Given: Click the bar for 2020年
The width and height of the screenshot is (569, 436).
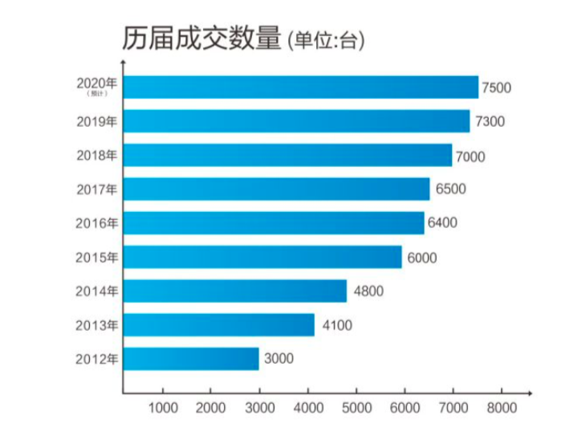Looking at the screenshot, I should [301, 87].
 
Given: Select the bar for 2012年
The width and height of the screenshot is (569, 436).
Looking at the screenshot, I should [191, 359].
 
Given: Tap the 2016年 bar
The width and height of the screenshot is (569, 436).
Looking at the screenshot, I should [274, 222].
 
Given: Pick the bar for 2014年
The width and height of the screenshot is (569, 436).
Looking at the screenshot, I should [235, 291].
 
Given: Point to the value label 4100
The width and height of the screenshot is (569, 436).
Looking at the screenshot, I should [336, 325].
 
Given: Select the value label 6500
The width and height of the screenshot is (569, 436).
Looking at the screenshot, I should [449, 189].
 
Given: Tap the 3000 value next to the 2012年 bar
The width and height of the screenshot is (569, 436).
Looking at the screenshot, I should [278, 359].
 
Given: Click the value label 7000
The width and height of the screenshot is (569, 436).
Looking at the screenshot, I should [470, 156].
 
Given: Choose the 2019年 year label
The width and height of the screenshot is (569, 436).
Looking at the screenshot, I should [97, 122].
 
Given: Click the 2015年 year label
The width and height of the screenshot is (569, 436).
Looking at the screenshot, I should [97, 258].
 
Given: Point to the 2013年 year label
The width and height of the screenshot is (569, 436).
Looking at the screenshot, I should [97, 325].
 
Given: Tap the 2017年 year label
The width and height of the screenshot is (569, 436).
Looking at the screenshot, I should [97, 189].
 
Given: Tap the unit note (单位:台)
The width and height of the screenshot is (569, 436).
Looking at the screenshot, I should [325, 41].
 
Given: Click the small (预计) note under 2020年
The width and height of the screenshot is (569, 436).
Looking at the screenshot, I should [97, 94].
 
